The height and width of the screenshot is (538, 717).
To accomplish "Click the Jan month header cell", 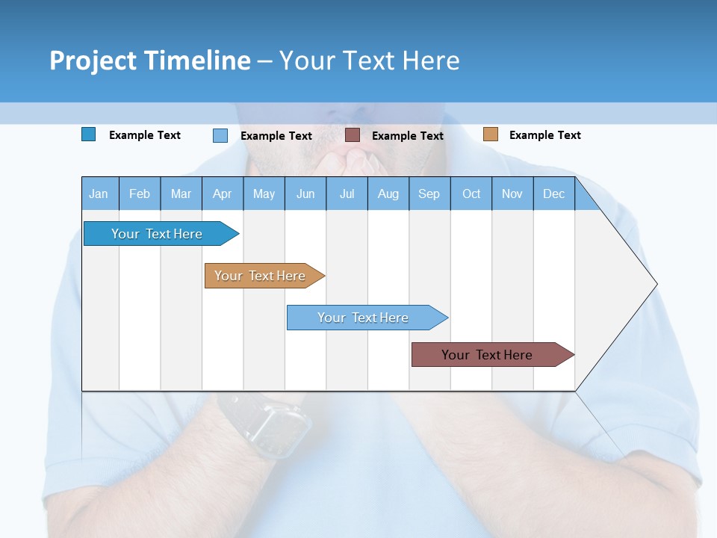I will click(x=99, y=194).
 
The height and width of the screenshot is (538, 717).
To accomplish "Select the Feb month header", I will click(x=140, y=194).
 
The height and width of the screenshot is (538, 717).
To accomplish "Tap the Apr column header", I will click(x=223, y=194).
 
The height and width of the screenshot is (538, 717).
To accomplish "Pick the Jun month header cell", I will click(x=305, y=194).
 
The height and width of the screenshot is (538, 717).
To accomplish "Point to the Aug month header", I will click(x=388, y=194).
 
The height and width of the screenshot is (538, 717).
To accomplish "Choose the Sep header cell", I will click(x=429, y=194).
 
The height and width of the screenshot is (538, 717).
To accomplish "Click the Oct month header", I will click(x=471, y=194).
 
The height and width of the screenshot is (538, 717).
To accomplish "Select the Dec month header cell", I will click(x=554, y=194).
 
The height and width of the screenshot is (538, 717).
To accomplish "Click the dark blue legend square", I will click(x=89, y=134).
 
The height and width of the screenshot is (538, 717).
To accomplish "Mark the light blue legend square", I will click(x=220, y=135).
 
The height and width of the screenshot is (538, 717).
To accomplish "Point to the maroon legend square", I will click(x=353, y=135).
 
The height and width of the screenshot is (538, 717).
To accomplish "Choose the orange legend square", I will click(x=490, y=134).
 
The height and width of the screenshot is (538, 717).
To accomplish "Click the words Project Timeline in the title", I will click(x=149, y=61).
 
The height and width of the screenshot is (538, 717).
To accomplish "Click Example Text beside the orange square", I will click(x=544, y=135).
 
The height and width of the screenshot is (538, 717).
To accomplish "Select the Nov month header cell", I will click(x=512, y=194).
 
